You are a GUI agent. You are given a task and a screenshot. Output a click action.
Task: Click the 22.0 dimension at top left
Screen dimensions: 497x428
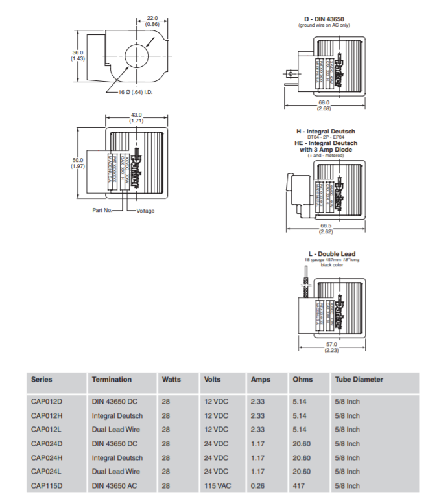[x=152, y=21]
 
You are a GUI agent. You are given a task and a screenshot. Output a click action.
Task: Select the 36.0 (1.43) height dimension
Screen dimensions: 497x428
[x=77, y=56]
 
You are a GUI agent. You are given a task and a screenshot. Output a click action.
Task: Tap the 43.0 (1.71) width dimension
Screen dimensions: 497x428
[x=136, y=118]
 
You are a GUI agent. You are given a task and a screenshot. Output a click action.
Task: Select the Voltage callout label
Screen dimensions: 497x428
[x=145, y=210]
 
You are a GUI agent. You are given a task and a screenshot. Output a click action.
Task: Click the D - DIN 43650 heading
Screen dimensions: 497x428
[x=324, y=19]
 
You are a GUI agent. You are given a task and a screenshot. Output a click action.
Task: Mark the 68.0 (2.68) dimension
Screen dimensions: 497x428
[x=324, y=105]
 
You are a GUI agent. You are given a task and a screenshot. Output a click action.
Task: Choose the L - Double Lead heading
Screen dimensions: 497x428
[x=332, y=254]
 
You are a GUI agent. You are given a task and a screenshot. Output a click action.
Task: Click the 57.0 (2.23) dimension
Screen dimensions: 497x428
[x=332, y=347]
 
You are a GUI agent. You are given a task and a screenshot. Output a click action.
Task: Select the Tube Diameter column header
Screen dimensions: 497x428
[x=359, y=380]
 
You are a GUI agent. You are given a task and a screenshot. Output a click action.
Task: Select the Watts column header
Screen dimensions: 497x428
[x=171, y=380]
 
